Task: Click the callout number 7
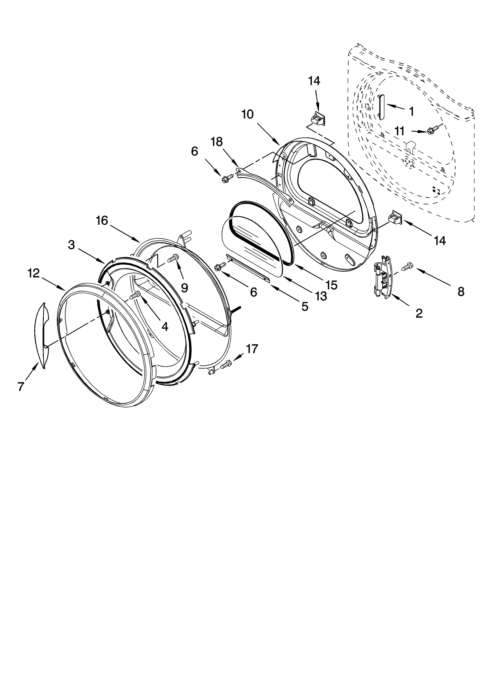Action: [x=21, y=386]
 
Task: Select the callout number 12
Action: [x=34, y=273]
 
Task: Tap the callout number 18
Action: [x=216, y=142]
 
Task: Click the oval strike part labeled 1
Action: [x=381, y=106]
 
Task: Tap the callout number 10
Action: [x=247, y=114]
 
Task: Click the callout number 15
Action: [x=331, y=285]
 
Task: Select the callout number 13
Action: [x=321, y=296]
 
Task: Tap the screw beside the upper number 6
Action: [x=225, y=178]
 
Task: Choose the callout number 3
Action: [x=71, y=245]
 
